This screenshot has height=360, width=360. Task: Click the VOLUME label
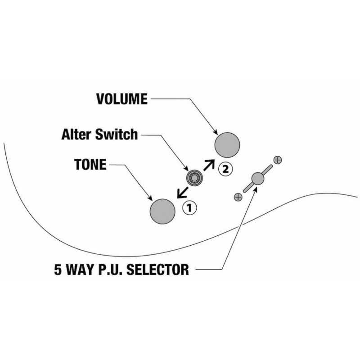tap(121, 99)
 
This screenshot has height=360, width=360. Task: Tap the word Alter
tap(76, 134)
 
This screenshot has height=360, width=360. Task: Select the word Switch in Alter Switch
tap(117, 134)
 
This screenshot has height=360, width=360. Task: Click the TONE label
tap(90, 164)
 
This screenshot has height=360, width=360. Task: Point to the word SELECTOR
tap(157, 269)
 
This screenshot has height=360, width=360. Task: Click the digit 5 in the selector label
tap(58, 269)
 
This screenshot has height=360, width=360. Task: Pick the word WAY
tap(80, 269)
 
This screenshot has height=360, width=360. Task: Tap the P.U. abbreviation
tap(110, 269)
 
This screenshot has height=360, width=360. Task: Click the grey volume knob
tap(227, 145)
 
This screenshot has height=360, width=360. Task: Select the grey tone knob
tap(162, 211)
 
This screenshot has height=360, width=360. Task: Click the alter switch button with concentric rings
tap(194, 178)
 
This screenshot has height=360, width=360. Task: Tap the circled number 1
tap(189, 208)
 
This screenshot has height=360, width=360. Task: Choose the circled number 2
tap(225, 169)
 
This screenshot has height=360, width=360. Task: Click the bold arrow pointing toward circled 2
tap(209, 165)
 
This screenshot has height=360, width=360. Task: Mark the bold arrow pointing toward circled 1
tap(183, 193)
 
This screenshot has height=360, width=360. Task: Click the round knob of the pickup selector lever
tap(258, 178)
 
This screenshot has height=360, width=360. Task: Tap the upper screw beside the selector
tap(278, 160)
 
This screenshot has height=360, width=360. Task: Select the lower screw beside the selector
tap(238, 197)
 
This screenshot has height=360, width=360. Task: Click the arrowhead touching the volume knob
tap(216, 132)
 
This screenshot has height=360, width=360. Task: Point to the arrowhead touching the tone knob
tap(150, 198)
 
